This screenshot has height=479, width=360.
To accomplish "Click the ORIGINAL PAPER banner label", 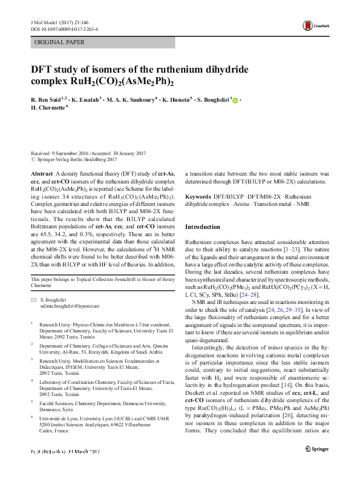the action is pyautogui.click(x=59, y=42).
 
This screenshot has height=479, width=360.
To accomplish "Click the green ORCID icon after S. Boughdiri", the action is pyautogui.click(x=235, y=101).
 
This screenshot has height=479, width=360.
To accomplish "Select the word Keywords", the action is pyautogui.click(x=198, y=197).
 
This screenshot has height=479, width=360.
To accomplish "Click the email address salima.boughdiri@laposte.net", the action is pyautogui.click(x=70, y=306).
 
